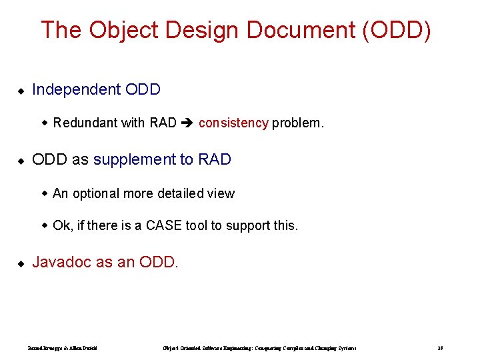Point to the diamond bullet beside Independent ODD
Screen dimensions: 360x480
(21, 90)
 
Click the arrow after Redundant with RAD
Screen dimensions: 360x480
(187, 123)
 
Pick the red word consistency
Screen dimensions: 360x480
(233, 123)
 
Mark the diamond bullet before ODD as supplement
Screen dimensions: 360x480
(21, 161)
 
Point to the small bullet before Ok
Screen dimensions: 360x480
(45, 226)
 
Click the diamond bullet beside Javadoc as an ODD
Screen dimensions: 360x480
(21, 263)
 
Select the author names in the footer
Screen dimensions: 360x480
(63, 348)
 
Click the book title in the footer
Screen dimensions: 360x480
(259, 348)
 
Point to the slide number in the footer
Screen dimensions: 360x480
(440, 348)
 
